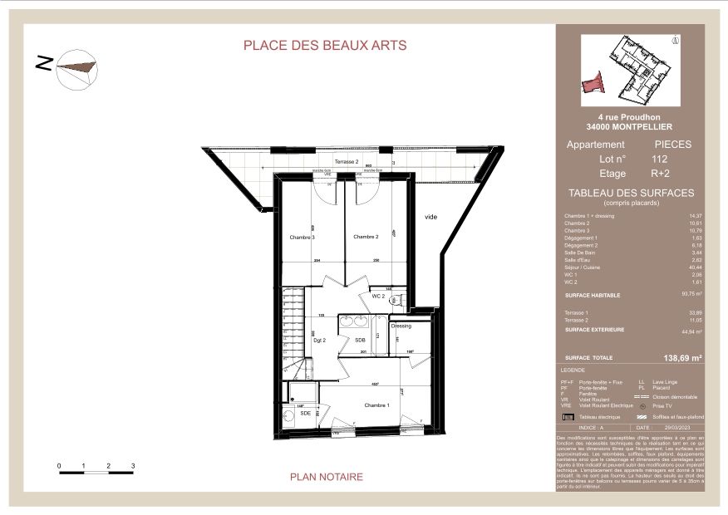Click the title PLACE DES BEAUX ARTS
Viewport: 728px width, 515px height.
pyautogui.click(x=325, y=46)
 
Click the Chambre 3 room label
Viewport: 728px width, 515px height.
pyautogui.click(x=303, y=238)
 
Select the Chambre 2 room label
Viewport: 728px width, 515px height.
pyautogui.click(x=366, y=238)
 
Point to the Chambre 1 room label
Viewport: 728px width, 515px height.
pyautogui.click(x=376, y=405)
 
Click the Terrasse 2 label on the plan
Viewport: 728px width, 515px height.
pyautogui.click(x=346, y=161)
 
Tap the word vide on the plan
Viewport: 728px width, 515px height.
pyautogui.click(x=430, y=217)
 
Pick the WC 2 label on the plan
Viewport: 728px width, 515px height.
pyautogui.click(x=378, y=296)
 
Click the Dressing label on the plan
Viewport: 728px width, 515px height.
pyautogui.click(x=401, y=327)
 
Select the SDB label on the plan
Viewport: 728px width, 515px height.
pyautogui.click(x=360, y=341)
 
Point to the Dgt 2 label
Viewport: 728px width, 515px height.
pyautogui.click(x=318, y=341)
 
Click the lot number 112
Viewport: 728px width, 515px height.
pyautogui.click(x=660, y=159)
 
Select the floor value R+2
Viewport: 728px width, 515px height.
pyautogui.click(x=661, y=174)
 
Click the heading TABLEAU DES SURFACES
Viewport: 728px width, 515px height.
pyautogui.click(x=630, y=193)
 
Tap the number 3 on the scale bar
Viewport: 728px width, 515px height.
pyautogui.click(x=133, y=466)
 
